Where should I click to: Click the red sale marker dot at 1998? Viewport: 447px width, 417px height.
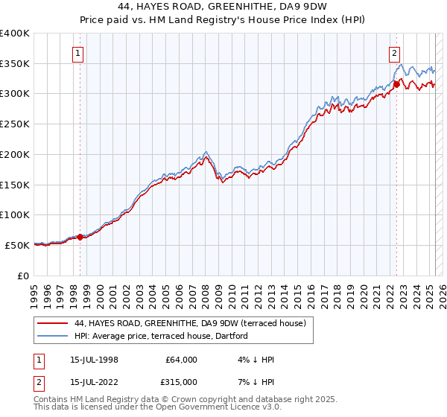tap(80, 237)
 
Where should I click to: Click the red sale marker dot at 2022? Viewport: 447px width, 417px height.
tap(396, 84)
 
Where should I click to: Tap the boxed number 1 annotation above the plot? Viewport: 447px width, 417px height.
tap(78, 52)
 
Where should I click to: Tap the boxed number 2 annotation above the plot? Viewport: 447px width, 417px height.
tap(394, 52)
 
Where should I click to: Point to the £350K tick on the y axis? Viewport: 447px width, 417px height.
tap(15, 64)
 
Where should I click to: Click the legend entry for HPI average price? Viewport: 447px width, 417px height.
tap(165, 337)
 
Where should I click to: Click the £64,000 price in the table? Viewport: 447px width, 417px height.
tap(180, 360)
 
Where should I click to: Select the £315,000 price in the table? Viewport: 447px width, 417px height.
tap(180, 381)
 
